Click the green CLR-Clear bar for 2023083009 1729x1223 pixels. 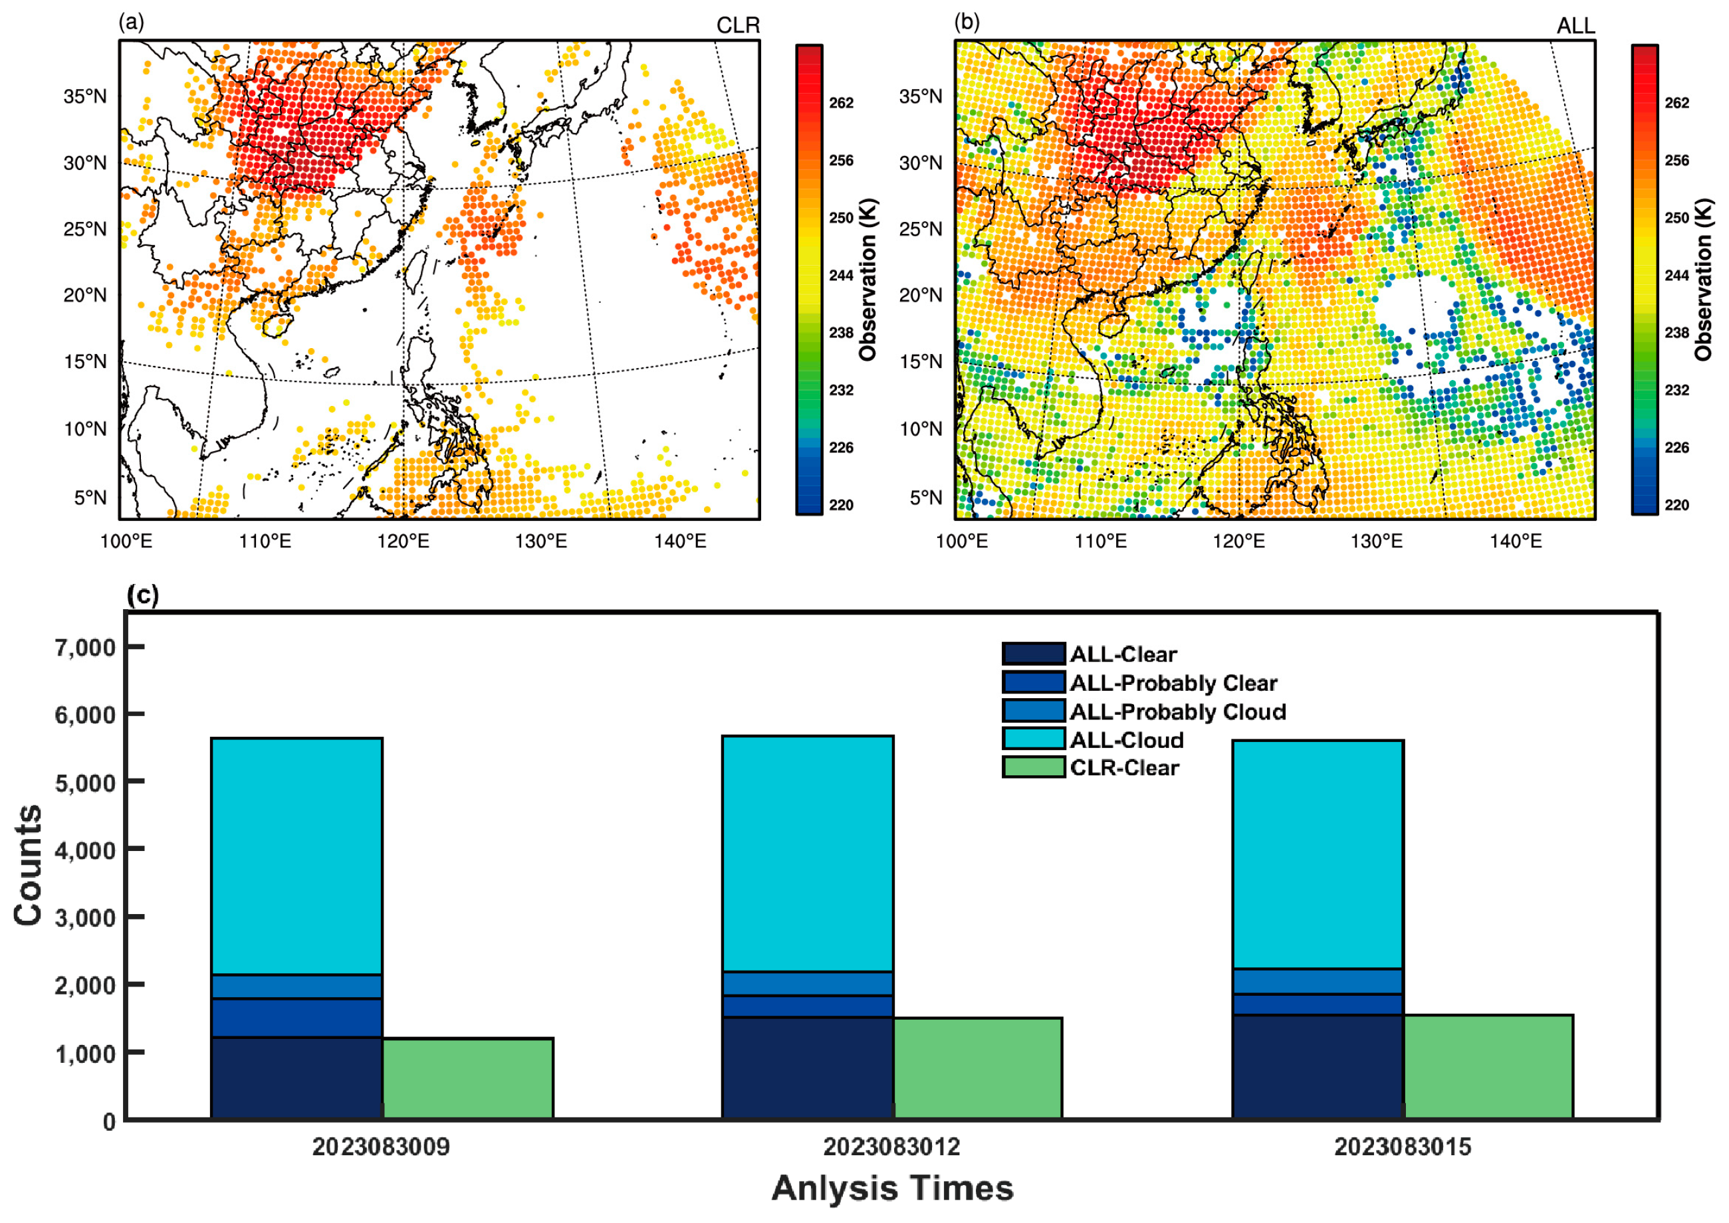468,1078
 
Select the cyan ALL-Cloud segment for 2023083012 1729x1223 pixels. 807,853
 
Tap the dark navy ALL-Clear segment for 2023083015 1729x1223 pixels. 1317,1066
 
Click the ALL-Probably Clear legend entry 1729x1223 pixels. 1173,683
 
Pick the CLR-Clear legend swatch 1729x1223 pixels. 1033,767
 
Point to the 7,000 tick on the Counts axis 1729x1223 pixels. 84,648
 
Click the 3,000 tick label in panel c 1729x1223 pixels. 84,918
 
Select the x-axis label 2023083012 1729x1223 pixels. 891,1147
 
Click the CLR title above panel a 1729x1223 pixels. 738,26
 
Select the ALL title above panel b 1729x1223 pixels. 1575,26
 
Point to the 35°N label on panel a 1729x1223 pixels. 85,96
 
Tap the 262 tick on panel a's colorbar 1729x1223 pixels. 841,103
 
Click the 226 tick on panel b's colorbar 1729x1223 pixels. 1676,447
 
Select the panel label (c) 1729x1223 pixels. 142,595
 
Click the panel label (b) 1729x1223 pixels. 967,22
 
